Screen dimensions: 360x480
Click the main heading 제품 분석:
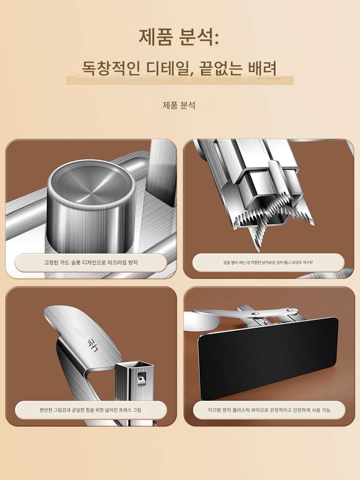(x=179, y=37)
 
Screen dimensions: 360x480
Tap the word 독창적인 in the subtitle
(x=111, y=68)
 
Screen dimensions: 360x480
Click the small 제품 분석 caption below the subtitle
(x=179, y=105)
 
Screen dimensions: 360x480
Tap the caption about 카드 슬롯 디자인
(x=91, y=263)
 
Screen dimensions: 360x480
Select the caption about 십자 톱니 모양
(x=268, y=263)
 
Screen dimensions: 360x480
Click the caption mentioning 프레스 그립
(x=91, y=410)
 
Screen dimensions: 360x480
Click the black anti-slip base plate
(x=267, y=358)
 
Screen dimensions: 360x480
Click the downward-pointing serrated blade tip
(x=257, y=249)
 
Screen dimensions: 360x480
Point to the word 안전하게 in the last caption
(x=301, y=410)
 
